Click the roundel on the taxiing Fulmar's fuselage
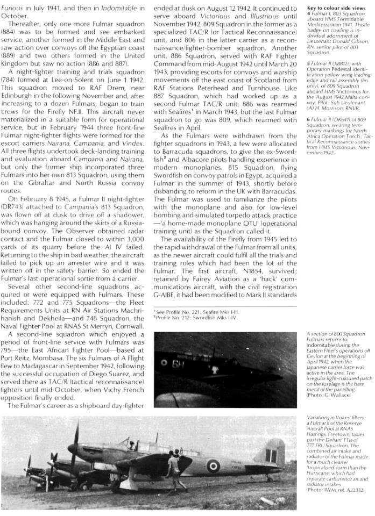(x=214, y=465)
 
